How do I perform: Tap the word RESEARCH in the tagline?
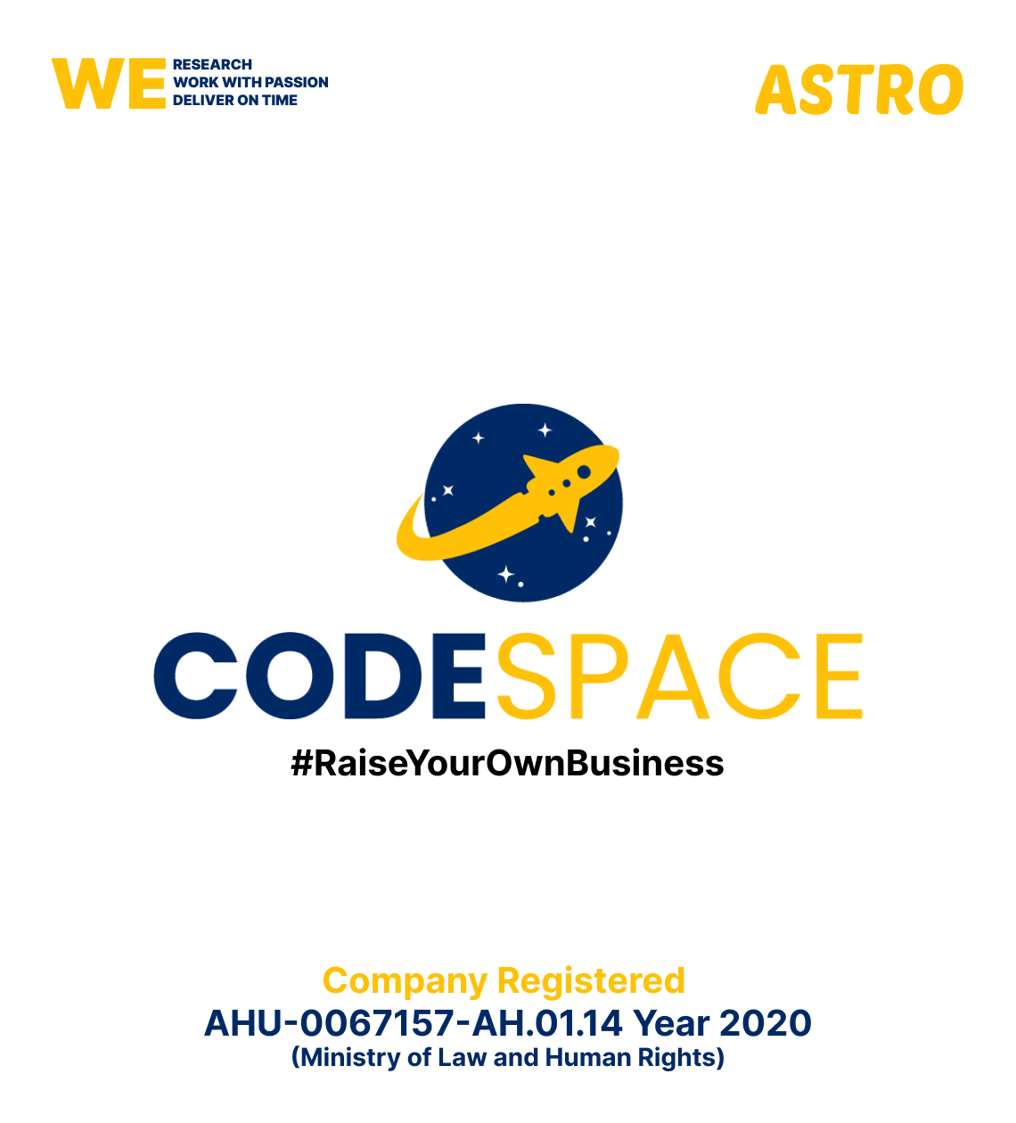212,65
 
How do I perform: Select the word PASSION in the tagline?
297,83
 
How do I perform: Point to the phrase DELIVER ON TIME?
235,101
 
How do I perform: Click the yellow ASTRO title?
859,90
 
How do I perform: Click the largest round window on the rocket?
584,471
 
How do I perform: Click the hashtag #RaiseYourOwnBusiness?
507,764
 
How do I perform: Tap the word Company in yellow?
406,981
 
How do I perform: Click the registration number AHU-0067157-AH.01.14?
414,1023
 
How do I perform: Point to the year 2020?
766,1023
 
